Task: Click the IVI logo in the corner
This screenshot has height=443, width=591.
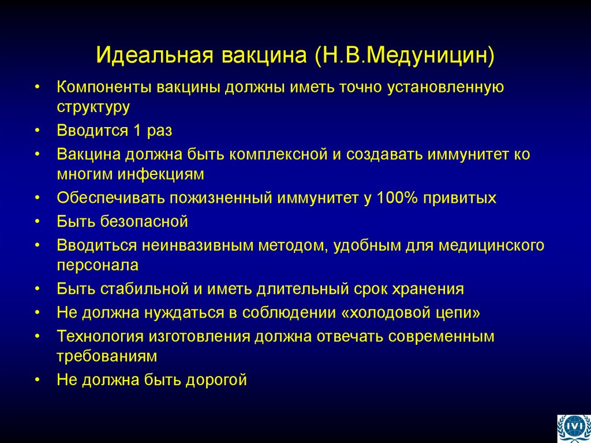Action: pyautogui.click(x=573, y=428)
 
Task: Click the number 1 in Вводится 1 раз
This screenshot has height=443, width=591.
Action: pyautogui.click(x=137, y=131)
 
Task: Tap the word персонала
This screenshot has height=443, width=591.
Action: pyautogui.click(x=98, y=265)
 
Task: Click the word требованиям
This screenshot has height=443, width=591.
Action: pyautogui.click(x=107, y=356)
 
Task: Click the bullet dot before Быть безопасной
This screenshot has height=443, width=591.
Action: pyautogui.click(x=38, y=222)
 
